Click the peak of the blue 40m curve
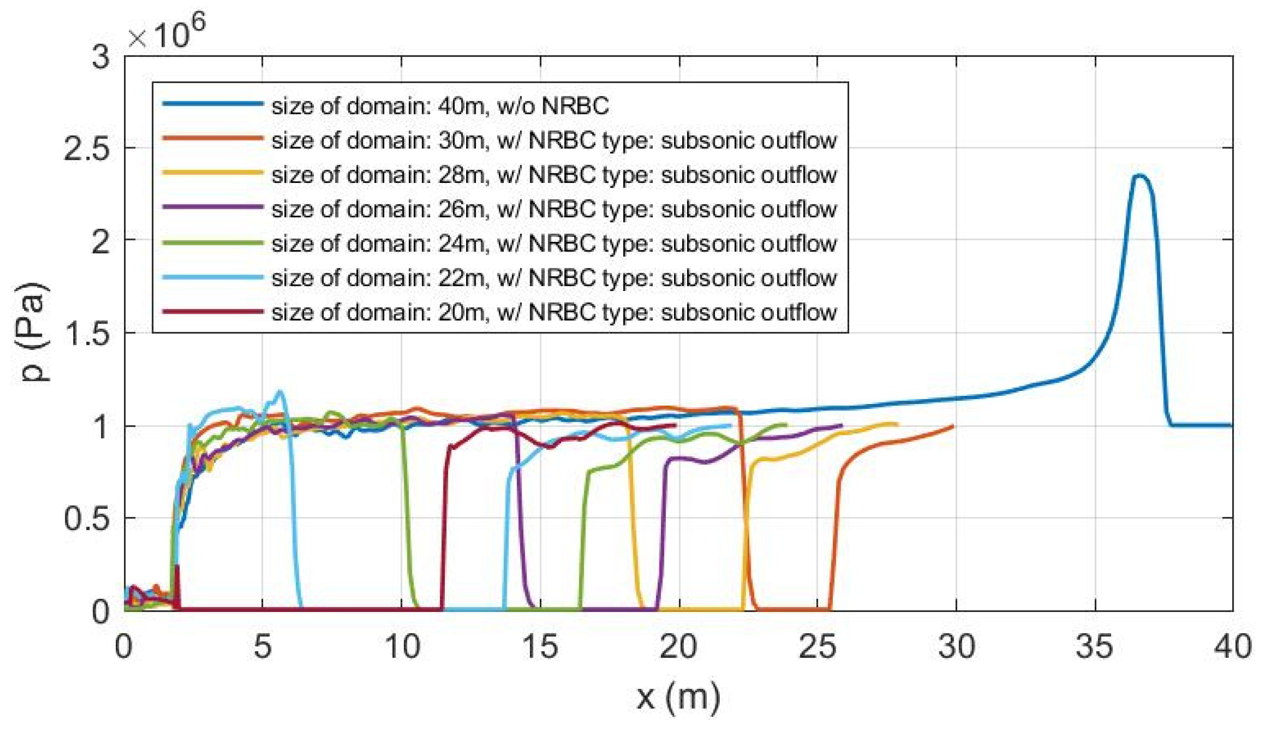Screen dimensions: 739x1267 [x=1139, y=176]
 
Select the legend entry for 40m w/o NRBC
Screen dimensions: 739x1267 [x=440, y=106]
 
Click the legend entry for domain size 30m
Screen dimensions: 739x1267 [x=553, y=140]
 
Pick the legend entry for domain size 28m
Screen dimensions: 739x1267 [x=553, y=175]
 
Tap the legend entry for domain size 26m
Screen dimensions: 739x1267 [x=553, y=209]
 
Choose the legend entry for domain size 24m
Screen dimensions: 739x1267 [x=553, y=243]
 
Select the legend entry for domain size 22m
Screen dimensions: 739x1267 [x=553, y=278]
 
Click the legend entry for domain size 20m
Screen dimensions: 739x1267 [x=553, y=312]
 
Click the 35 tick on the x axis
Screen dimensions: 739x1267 [x=1095, y=647]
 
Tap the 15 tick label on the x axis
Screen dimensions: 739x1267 [x=540, y=647]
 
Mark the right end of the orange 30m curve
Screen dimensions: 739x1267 [x=953, y=426]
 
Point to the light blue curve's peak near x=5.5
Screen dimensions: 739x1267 [x=280, y=391]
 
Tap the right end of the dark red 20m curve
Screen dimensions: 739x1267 [x=675, y=425]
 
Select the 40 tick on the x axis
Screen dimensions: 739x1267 [x=1232, y=647]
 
